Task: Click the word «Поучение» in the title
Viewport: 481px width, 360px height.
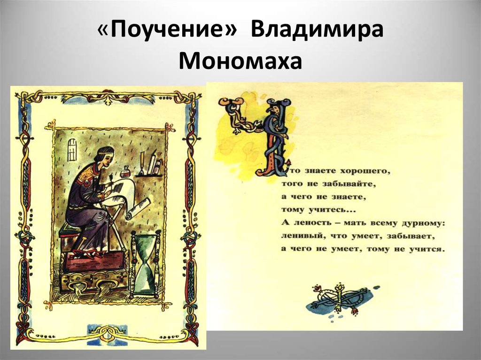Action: [x=168, y=31]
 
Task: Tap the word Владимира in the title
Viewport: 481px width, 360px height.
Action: [x=317, y=30]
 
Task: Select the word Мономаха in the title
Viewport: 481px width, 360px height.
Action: [x=240, y=61]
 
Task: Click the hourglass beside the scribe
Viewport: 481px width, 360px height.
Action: [x=146, y=264]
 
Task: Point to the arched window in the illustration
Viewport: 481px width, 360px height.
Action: [x=72, y=150]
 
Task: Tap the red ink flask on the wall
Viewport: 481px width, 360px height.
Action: [x=126, y=171]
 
